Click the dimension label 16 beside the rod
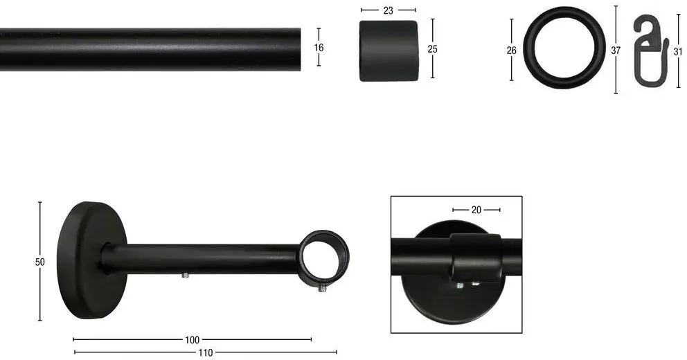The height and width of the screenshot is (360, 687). [319, 47]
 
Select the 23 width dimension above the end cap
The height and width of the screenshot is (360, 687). [389, 10]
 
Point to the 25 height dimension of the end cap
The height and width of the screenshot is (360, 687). [432, 49]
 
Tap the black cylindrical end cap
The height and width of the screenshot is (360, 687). [389, 51]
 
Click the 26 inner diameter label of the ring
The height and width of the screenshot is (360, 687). [511, 51]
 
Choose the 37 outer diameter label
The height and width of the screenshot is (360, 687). [616, 51]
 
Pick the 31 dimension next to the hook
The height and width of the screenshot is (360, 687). [678, 52]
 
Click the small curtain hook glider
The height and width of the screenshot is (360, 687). [650, 51]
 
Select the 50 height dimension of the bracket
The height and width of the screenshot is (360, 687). [40, 262]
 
